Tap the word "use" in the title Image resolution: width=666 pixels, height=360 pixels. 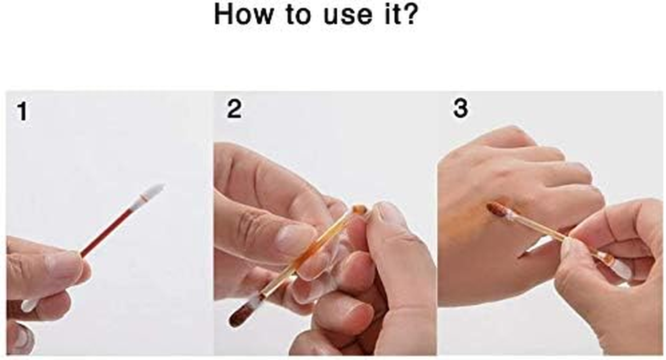click(x=348, y=16)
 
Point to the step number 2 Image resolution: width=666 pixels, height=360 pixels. click(x=234, y=109)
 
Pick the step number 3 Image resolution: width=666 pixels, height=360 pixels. click(x=460, y=108)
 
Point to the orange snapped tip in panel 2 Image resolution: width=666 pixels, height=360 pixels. click(x=359, y=209)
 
